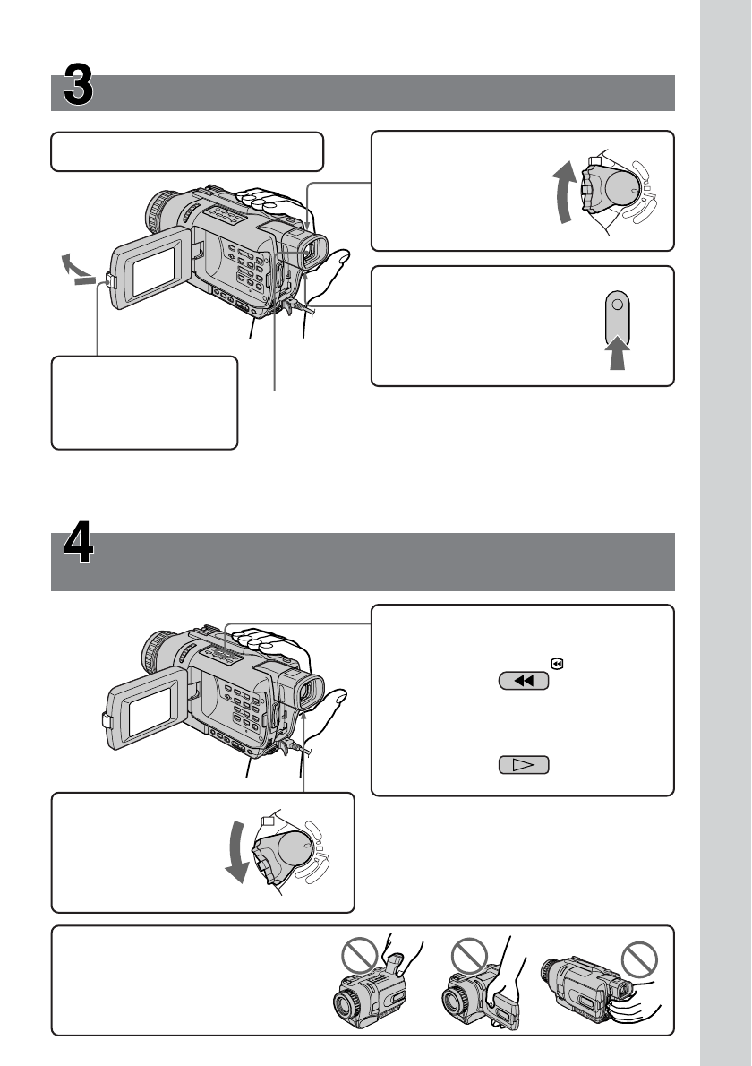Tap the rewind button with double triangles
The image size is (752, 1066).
click(524, 682)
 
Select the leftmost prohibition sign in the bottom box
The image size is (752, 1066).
click(355, 955)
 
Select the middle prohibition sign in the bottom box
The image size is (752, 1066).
click(471, 955)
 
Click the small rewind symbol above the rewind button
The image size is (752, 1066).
click(557, 665)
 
